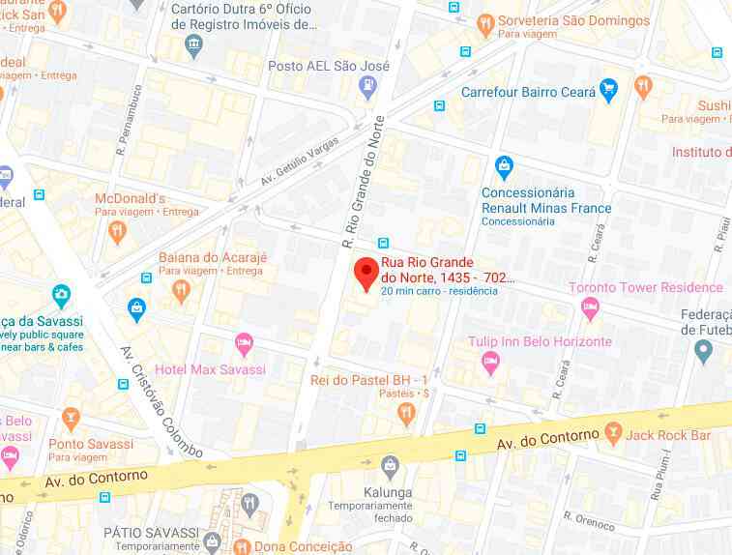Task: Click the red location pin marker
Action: (x=365, y=274)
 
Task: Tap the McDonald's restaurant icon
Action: (x=117, y=231)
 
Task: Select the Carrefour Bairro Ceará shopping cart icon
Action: (x=608, y=91)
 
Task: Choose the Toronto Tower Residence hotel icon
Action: (x=590, y=308)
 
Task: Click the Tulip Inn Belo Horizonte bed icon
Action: (x=491, y=363)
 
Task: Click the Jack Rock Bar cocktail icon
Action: (x=611, y=432)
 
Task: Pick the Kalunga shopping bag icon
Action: (x=390, y=469)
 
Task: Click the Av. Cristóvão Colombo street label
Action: (x=160, y=401)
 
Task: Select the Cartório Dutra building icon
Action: (x=195, y=44)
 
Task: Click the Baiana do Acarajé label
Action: (x=212, y=257)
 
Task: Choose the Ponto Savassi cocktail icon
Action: (x=70, y=419)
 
